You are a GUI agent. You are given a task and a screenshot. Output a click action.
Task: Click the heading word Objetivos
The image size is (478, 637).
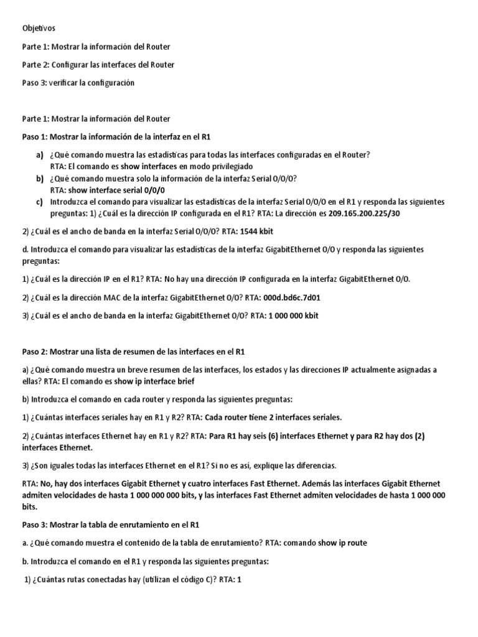pyautogui.click(x=39, y=29)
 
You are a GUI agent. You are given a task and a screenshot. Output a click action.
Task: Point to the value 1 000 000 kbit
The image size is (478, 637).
pyautogui.click(x=293, y=316)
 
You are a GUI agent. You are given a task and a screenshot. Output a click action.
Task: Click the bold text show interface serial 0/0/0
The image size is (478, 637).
pyautogui.click(x=120, y=190)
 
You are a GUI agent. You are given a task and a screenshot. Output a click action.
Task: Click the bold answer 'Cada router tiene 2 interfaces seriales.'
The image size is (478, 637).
pyautogui.click(x=272, y=417)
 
